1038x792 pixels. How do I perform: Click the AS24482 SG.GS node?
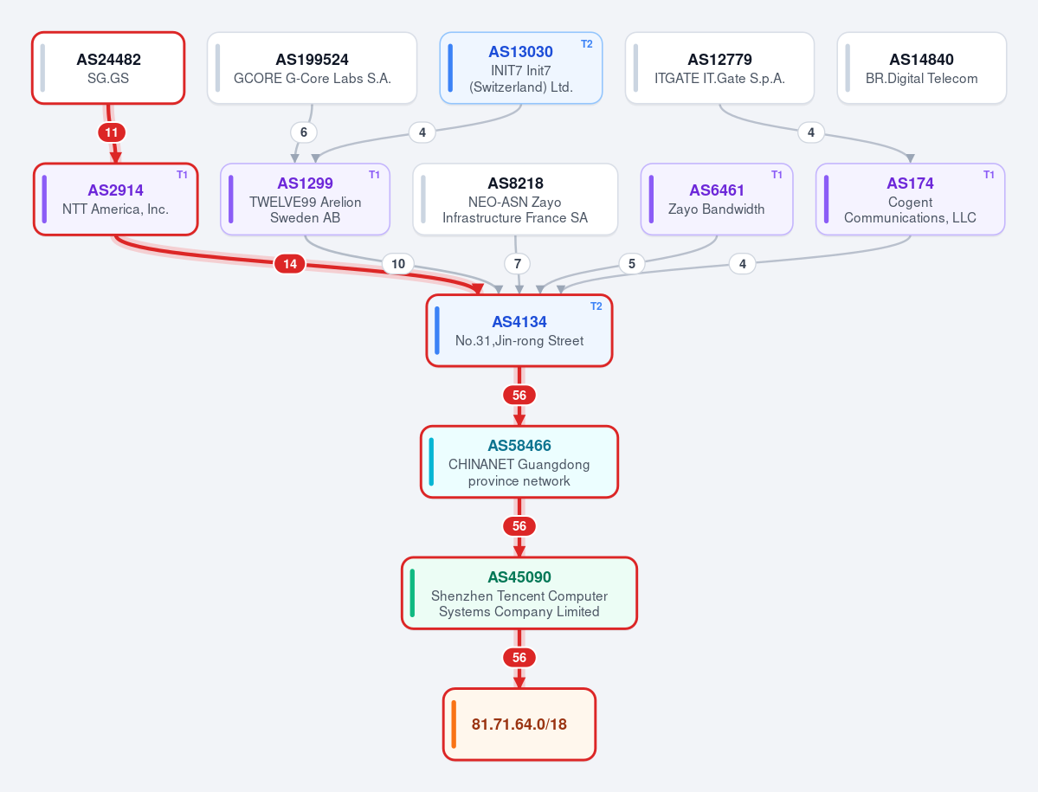point(108,68)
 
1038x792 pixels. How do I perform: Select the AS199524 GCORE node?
point(312,68)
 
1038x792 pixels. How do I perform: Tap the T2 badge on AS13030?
point(586,44)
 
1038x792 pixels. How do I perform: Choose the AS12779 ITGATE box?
point(719,68)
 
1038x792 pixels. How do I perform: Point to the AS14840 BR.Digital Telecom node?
point(921,68)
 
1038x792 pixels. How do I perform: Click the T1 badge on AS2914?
point(182,176)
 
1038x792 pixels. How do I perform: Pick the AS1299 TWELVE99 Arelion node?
point(306,199)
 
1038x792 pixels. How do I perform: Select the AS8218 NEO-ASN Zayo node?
point(515,199)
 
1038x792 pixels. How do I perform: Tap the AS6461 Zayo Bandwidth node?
point(716,199)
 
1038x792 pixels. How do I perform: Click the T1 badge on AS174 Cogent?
point(989,176)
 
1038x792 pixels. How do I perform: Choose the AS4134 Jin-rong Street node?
point(519,331)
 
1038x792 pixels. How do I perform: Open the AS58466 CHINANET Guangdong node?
point(519,462)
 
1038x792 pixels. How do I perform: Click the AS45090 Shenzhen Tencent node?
point(519,594)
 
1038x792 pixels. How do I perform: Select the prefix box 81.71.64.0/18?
point(519,724)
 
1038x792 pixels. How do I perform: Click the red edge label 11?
point(111,132)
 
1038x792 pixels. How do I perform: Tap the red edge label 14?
point(290,264)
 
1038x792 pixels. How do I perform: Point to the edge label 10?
point(398,264)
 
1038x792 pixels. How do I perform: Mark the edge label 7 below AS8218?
point(517,264)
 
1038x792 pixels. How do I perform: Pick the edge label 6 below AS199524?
point(304,132)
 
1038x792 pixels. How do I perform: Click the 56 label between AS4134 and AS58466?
point(519,396)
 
